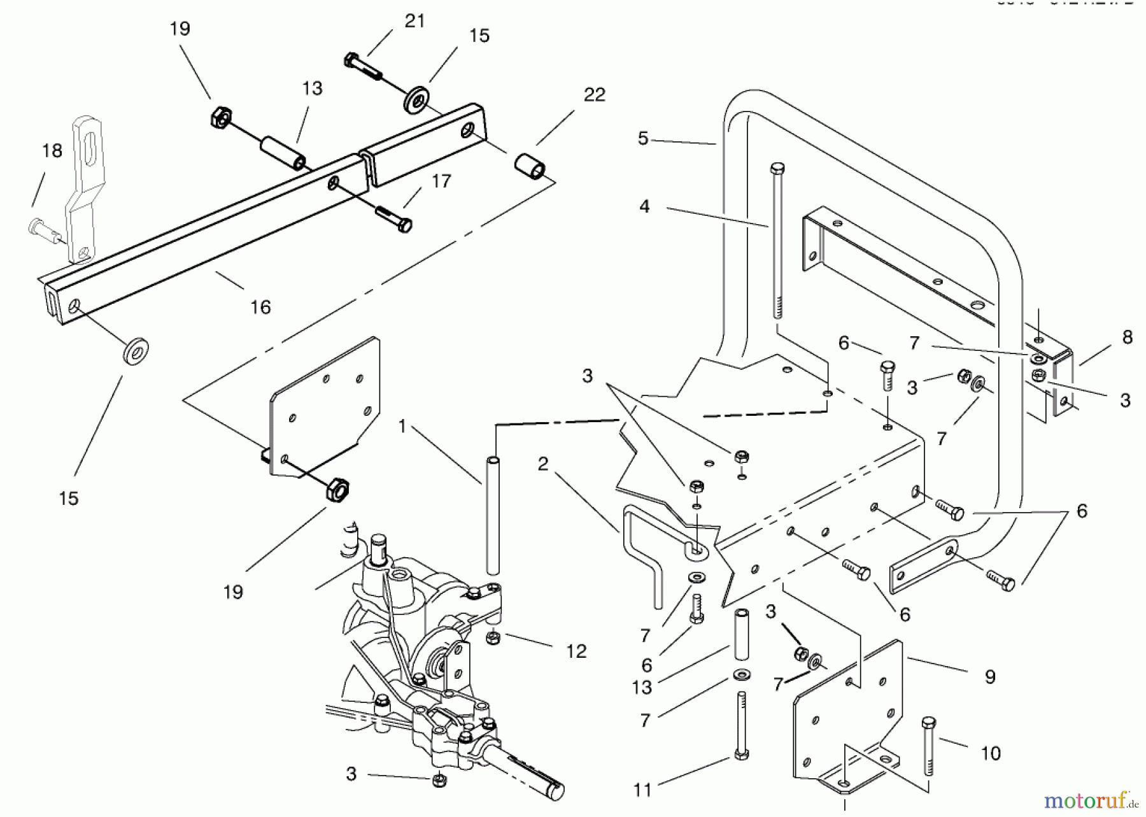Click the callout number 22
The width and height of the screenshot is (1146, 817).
(x=594, y=95)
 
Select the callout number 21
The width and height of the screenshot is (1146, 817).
(x=414, y=21)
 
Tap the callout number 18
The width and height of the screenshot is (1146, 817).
(x=52, y=151)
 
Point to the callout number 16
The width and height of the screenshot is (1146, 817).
(x=260, y=307)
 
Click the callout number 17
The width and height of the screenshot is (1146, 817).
(x=441, y=181)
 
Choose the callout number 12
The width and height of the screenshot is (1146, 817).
(x=576, y=651)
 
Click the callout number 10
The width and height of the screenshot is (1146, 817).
(x=990, y=754)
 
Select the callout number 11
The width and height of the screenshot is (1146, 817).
(x=643, y=790)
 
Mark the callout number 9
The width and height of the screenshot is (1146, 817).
(x=989, y=676)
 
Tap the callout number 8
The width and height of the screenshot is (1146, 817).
(x=1127, y=337)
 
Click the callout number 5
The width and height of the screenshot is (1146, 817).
(x=643, y=138)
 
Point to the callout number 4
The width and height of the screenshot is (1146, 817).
(x=644, y=206)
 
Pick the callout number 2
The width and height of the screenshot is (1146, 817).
(x=542, y=464)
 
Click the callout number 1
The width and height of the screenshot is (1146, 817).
(x=402, y=426)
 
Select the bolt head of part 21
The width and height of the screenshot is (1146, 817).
(x=351, y=60)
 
